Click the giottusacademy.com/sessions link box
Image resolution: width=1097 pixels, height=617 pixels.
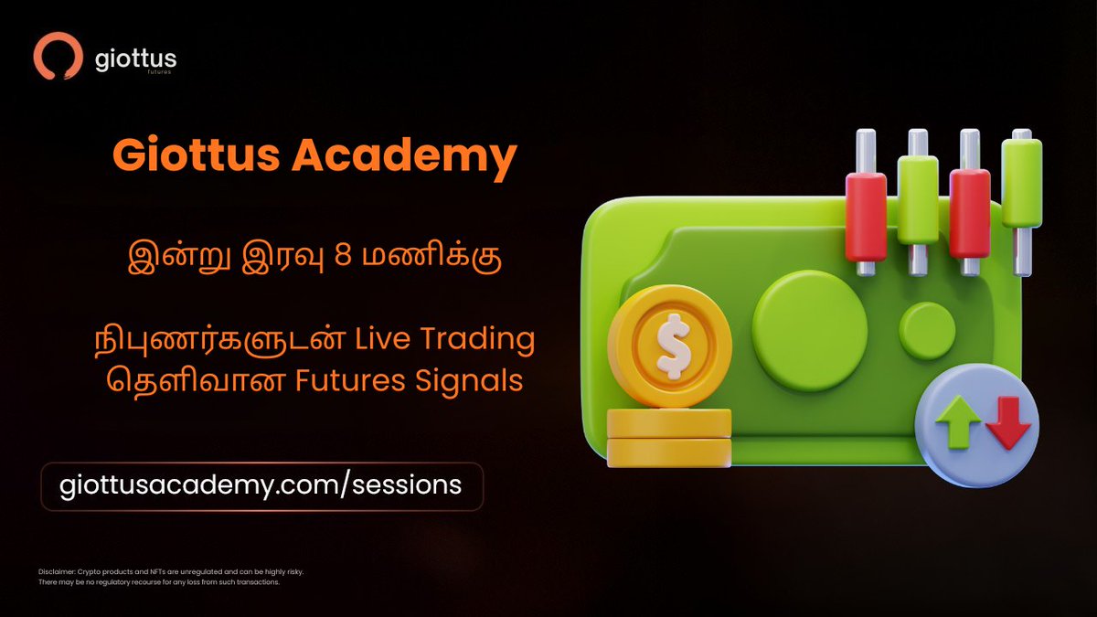[261, 484]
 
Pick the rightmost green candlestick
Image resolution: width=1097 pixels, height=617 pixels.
[1021, 182]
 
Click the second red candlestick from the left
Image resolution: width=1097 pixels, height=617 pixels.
[969, 212]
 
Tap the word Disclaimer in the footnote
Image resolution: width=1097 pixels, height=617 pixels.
[60, 571]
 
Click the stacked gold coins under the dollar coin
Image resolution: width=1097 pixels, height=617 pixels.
[669, 437]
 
